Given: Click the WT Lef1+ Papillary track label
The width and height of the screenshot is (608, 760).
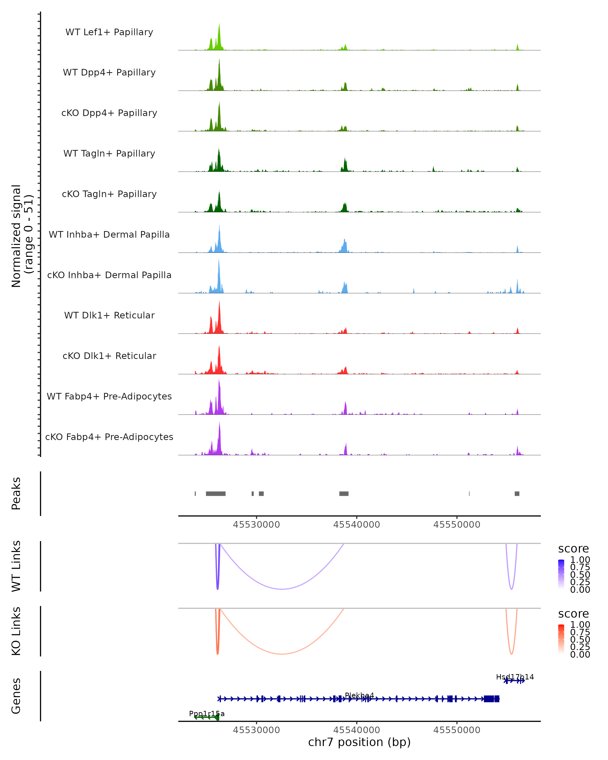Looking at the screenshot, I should click(109, 32).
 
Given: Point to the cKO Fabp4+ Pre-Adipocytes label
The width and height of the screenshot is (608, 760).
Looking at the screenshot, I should click(109, 437).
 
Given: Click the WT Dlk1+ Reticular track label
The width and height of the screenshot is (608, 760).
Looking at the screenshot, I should click(109, 315).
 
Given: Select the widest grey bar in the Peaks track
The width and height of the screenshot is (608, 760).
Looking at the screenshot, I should click(216, 493).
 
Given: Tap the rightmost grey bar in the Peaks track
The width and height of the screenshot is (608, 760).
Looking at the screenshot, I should click(517, 493).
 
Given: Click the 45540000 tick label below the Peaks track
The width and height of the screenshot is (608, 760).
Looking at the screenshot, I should click(357, 525).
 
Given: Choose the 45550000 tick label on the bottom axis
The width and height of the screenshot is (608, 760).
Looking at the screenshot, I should click(457, 730).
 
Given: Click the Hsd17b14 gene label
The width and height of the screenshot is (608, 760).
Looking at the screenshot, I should click(515, 677).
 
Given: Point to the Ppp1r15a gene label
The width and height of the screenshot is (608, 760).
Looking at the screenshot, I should click(207, 714).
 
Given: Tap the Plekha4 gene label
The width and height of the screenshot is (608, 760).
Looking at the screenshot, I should click(359, 695).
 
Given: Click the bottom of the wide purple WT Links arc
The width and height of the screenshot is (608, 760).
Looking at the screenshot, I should click(282, 589).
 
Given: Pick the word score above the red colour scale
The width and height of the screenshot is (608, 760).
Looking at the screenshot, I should click(574, 614).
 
